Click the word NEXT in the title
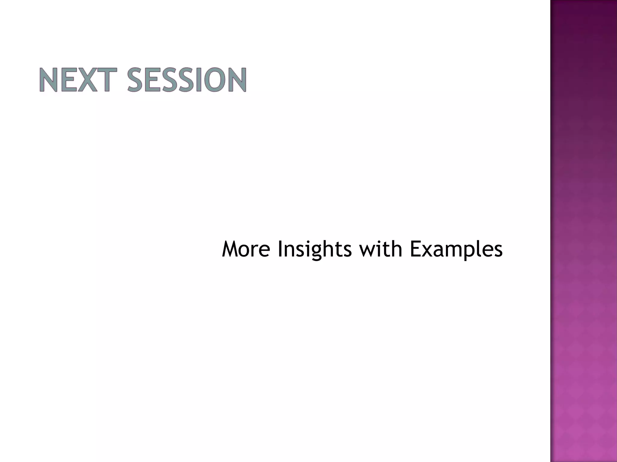click(x=78, y=80)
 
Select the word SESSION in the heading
click(x=187, y=80)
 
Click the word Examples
click(x=456, y=250)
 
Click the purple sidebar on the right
click(x=583, y=231)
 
